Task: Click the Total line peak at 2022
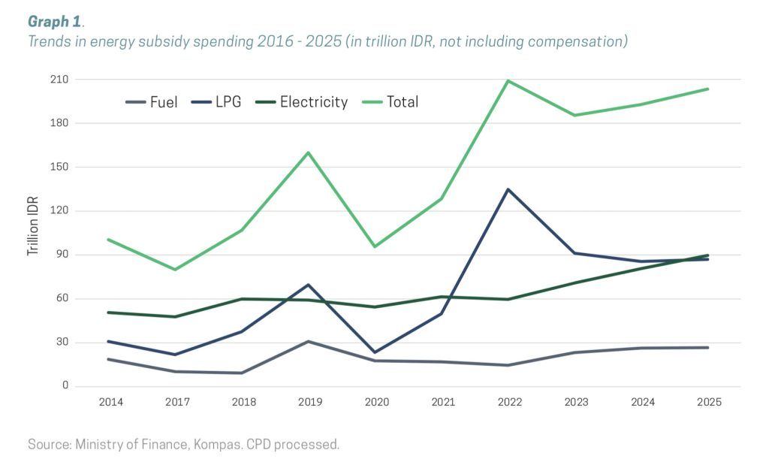[x=508, y=80]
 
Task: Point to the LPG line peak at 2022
[x=508, y=189]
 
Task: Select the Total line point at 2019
[x=309, y=152]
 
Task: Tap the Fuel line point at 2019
[x=309, y=341]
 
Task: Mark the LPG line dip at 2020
[x=375, y=352]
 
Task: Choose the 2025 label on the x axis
[x=708, y=402]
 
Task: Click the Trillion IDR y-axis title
[x=33, y=227]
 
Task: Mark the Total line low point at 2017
[x=176, y=270]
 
